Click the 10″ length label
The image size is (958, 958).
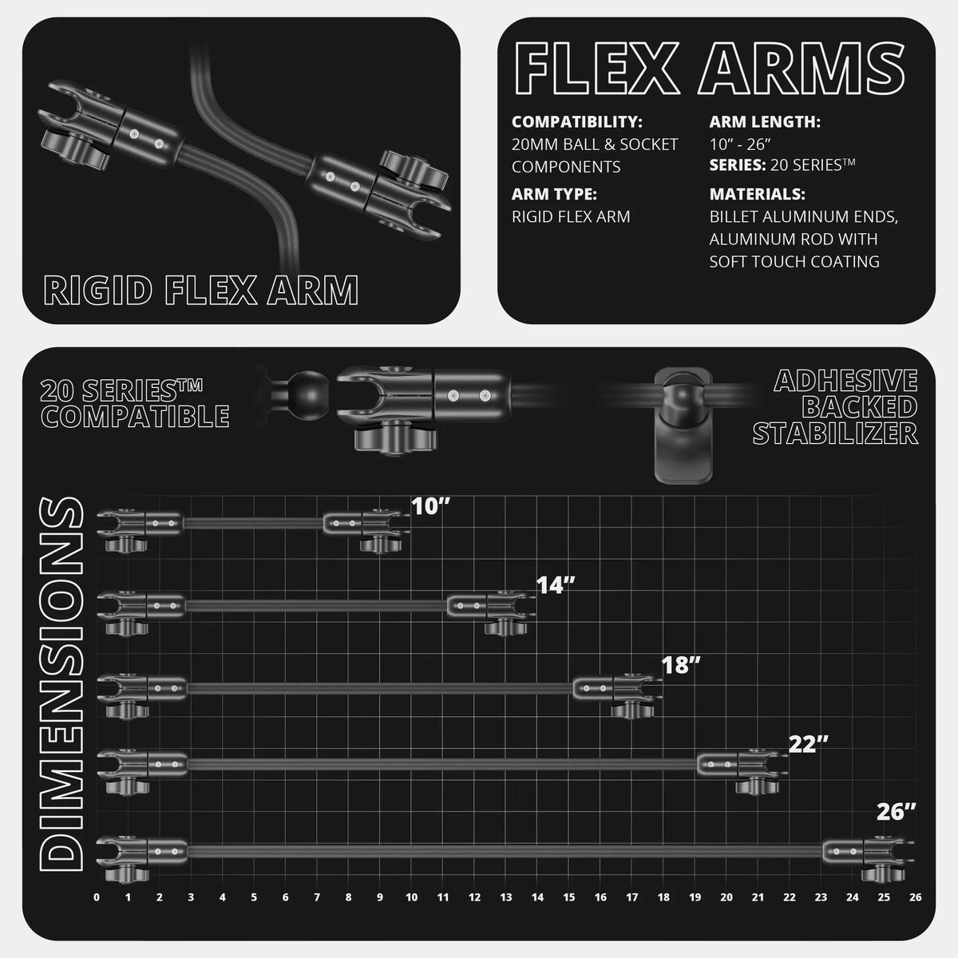point(430,507)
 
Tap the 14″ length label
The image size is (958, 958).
point(556,586)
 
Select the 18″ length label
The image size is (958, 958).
point(681,665)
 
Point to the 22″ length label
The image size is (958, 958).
point(809,744)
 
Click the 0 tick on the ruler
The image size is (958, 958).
point(97,897)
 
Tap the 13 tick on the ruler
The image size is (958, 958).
point(506,897)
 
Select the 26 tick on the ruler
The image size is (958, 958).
point(915,897)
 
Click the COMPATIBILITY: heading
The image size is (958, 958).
point(577,122)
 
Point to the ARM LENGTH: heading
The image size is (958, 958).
point(765,122)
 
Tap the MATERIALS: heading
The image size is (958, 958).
point(757,194)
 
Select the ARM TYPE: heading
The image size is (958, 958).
point(554,194)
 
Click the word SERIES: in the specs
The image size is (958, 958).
point(738,165)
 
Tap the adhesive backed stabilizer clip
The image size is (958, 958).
point(683,425)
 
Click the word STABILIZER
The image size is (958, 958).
point(835,433)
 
